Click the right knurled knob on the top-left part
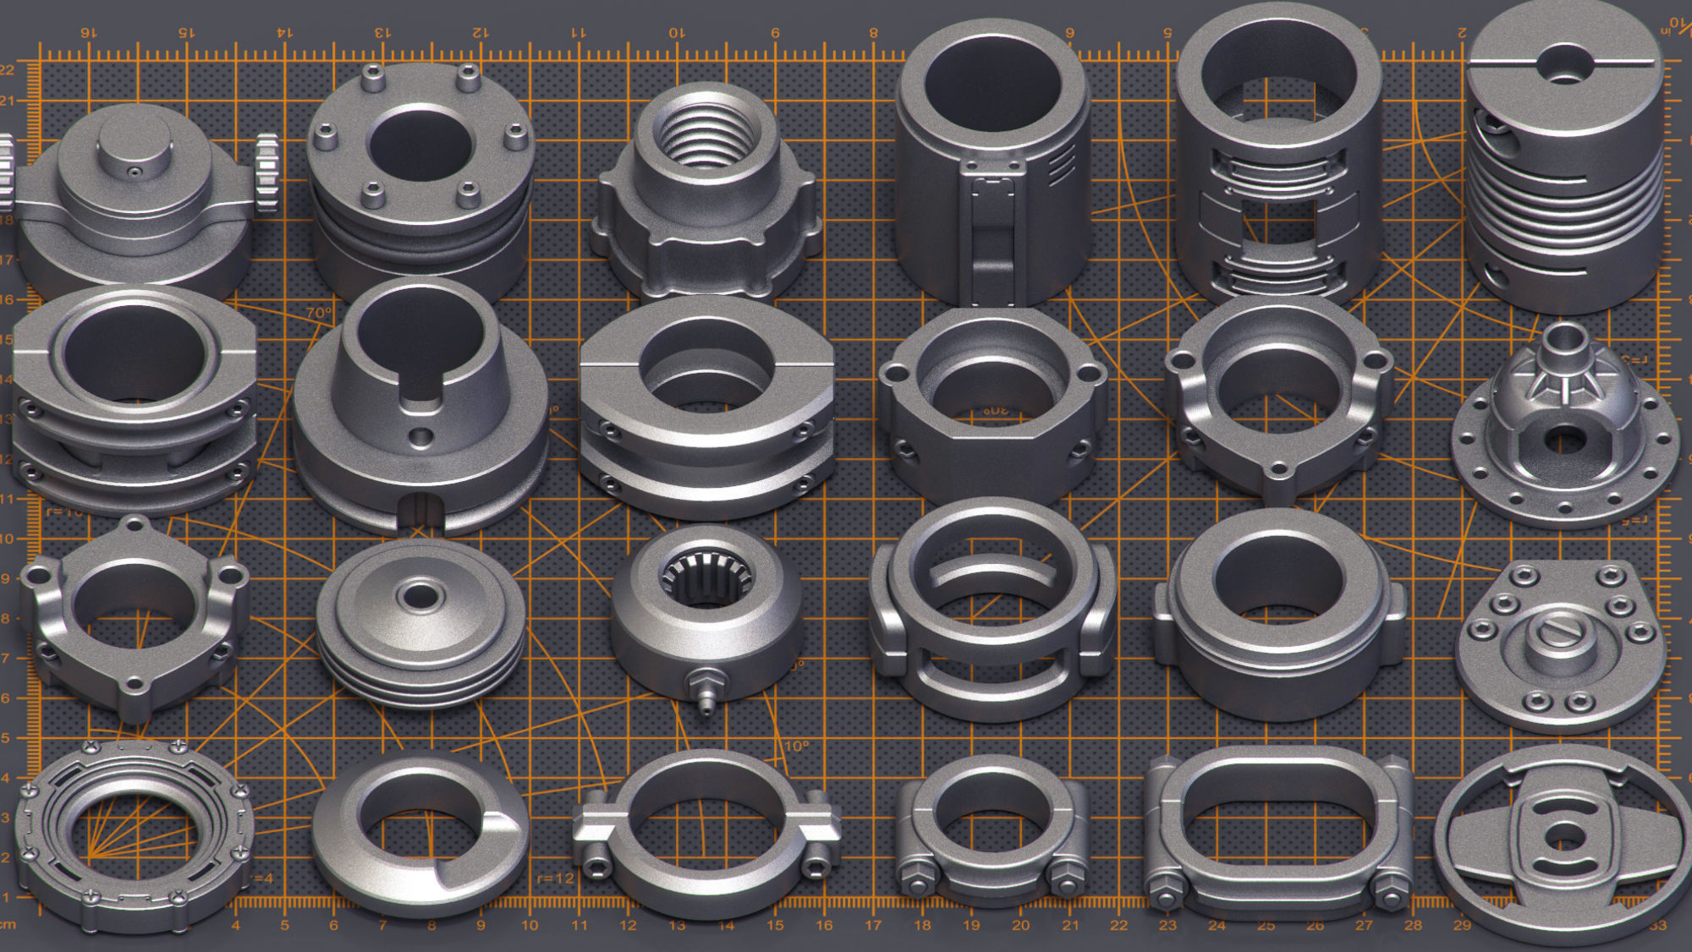coord(267,173)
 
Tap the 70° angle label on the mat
coord(319,313)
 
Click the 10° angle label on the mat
coord(796,747)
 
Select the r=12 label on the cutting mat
coord(556,878)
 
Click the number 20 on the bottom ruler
coord(1020,926)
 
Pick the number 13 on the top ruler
coord(382,32)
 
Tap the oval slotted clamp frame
coord(1277,833)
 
